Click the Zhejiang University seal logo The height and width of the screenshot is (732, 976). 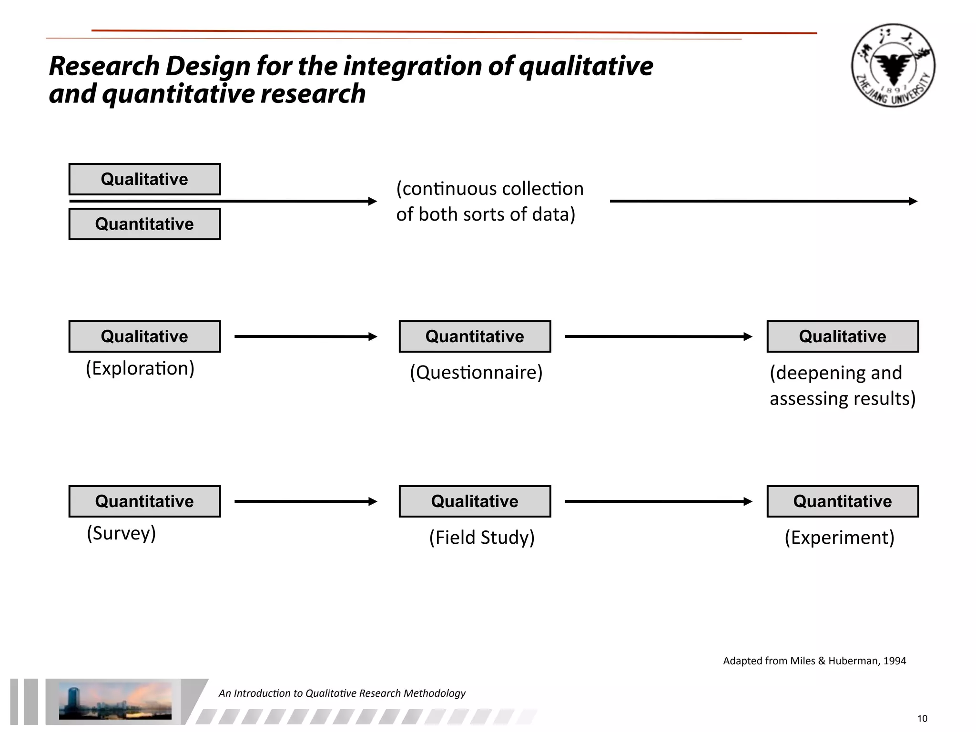[893, 65]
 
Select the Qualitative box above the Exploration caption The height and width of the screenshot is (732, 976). [144, 336]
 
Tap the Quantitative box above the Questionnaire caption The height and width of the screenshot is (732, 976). [475, 336]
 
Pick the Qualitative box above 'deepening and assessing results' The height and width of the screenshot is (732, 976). [842, 336]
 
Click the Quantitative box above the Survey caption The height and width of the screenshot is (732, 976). [144, 501]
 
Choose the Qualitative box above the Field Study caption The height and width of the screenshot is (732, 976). [475, 501]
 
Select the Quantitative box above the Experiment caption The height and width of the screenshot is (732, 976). [842, 501]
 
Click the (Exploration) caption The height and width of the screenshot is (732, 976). [140, 368]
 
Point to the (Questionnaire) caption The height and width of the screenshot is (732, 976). [476, 372]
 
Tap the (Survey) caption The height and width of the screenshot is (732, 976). [121, 533]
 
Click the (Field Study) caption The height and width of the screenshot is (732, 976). [482, 538]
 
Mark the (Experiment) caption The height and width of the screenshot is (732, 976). [839, 538]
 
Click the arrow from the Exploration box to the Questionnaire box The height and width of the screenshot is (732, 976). [305, 336]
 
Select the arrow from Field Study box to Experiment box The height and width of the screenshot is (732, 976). [658, 501]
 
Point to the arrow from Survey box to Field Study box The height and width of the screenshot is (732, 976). [305, 501]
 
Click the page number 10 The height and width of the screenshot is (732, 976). [922, 719]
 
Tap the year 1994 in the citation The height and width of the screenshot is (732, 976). [895, 661]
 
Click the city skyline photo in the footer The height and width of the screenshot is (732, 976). [115, 701]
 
